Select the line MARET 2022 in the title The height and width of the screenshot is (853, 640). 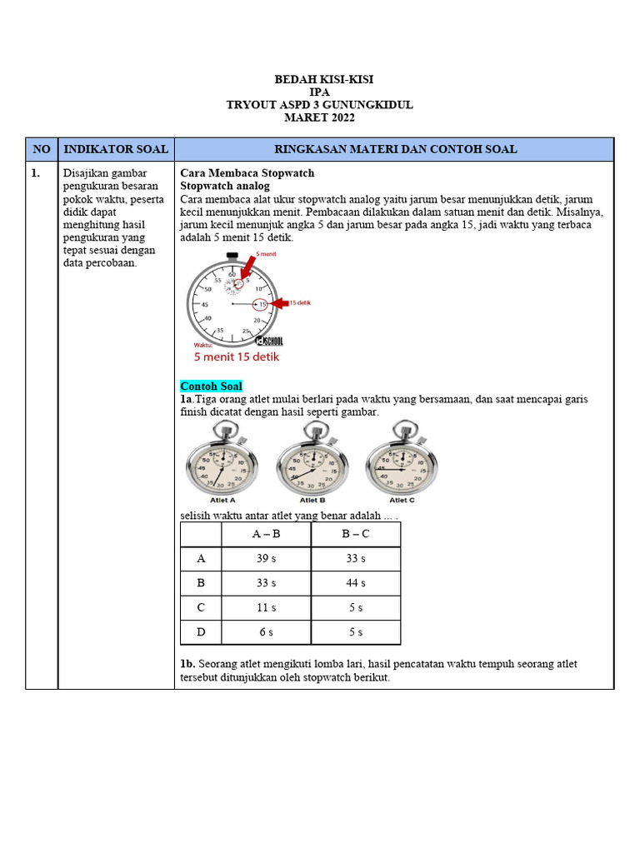tap(319, 117)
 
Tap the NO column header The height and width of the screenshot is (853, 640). tap(41, 149)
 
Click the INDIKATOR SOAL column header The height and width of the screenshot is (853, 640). tap(116, 149)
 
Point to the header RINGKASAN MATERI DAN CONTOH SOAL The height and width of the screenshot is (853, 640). tap(395, 149)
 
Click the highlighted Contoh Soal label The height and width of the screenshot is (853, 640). tap(211, 387)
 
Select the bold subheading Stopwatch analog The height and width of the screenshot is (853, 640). tap(225, 186)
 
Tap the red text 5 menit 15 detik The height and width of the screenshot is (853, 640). tap(237, 357)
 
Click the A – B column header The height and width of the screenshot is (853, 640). tap(266, 534)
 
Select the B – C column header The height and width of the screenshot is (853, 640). tap(356, 534)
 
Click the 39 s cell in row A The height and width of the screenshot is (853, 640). tap(266, 558)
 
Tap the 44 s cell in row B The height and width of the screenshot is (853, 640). tap(356, 583)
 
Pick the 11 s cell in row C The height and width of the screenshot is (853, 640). tap(266, 607)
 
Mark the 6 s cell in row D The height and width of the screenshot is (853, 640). tap(266, 632)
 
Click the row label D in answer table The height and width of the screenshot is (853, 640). tap(201, 632)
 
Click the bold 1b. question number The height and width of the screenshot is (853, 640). tap(188, 664)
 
